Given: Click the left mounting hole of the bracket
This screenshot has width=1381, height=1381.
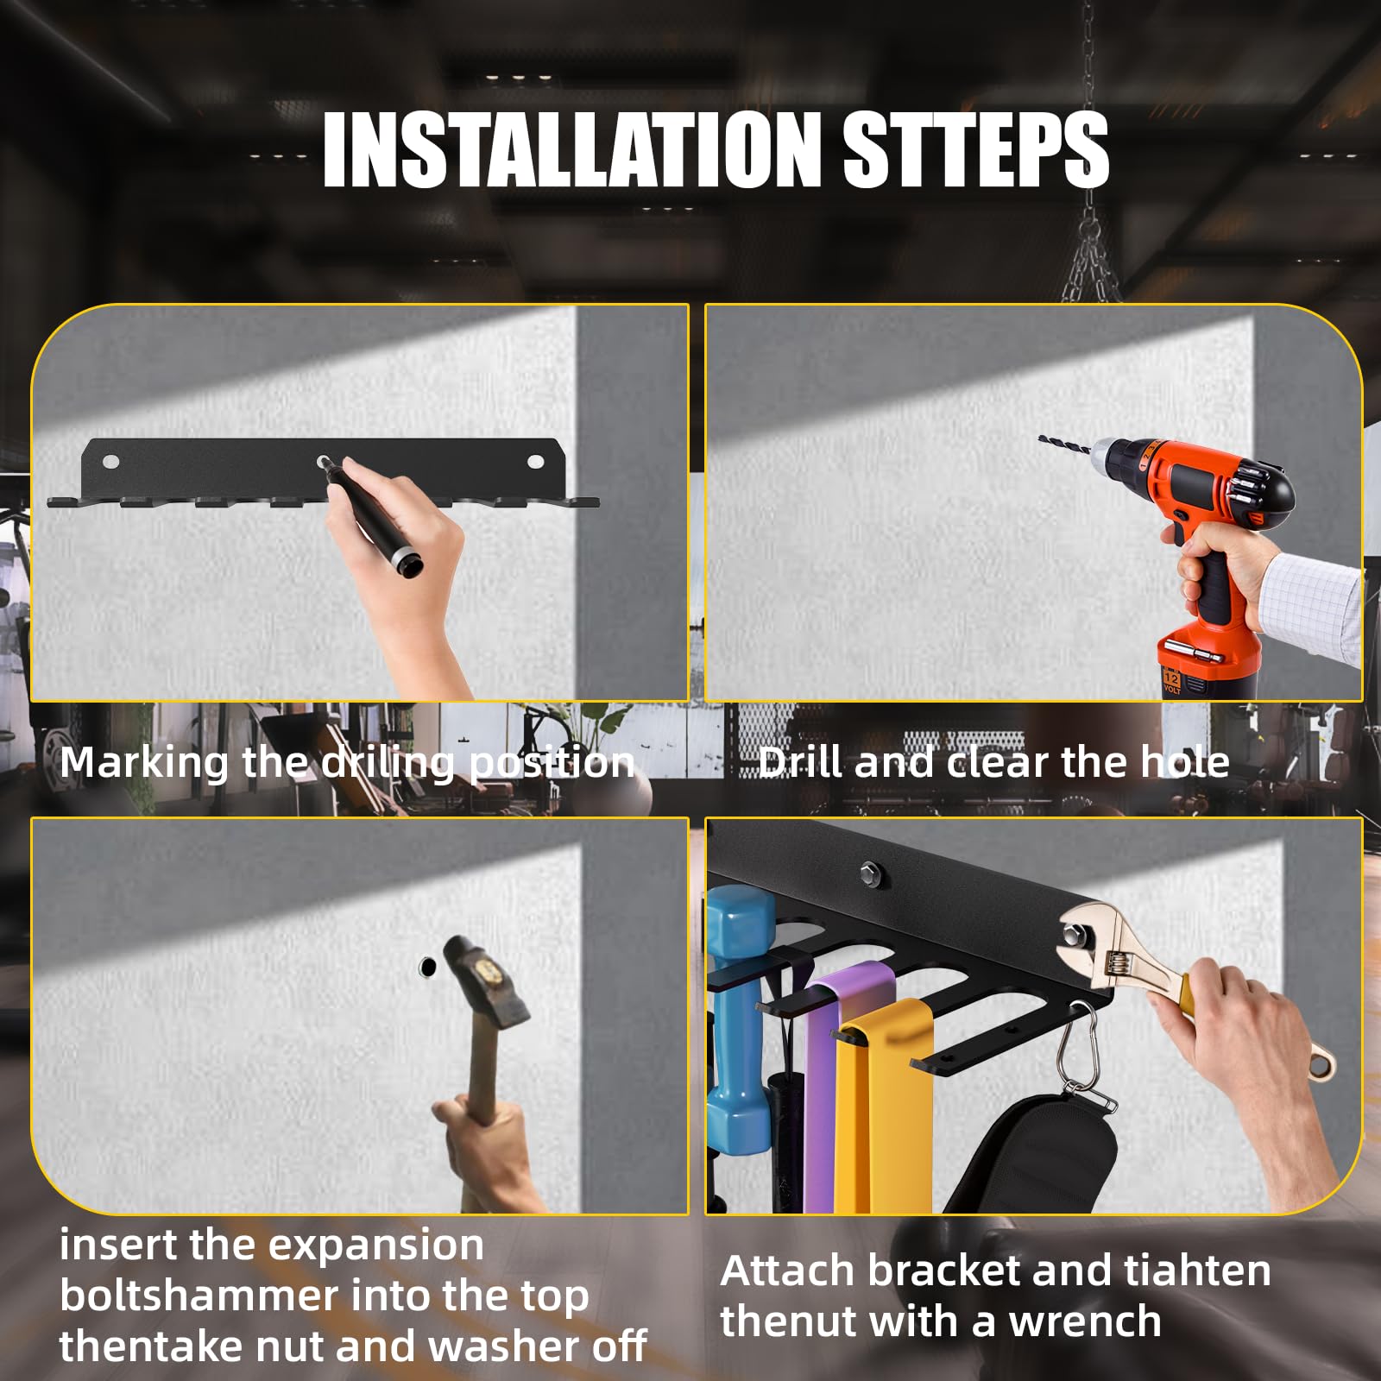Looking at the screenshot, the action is click(x=110, y=462).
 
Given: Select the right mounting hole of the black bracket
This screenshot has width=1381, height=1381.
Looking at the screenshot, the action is click(x=536, y=462).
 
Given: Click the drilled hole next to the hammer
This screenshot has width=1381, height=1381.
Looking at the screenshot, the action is click(x=427, y=967).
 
